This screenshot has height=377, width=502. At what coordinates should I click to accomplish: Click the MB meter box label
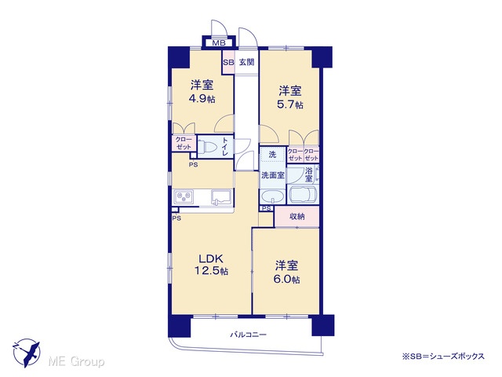(x=219, y=43)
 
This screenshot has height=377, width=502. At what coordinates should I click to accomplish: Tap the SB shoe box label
(x=228, y=62)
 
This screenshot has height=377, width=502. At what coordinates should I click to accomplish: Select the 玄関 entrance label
(x=247, y=62)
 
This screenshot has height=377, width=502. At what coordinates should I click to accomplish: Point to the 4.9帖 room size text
(x=202, y=99)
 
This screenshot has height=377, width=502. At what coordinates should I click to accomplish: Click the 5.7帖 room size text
(x=289, y=104)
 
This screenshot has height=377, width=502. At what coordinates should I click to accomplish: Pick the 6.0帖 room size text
(x=286, y=280)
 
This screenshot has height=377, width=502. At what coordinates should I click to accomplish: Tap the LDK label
(x=211, y=258)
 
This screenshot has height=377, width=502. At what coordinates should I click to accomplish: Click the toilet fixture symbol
(x=207, y=148)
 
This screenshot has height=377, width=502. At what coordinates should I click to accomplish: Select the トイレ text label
(x=225, y=147)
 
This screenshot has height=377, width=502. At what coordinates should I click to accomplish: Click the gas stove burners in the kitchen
(x=183, y=196)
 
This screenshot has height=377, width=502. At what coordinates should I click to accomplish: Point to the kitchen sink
(x=221, y=197)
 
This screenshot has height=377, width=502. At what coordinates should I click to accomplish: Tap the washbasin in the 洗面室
(x=272, y=196)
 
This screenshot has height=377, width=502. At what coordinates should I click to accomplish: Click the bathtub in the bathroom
(x=303, y=195)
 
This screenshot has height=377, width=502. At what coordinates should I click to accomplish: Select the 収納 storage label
(x=296, y=217)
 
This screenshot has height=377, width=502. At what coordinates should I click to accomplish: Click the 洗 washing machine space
(x=272, y=155)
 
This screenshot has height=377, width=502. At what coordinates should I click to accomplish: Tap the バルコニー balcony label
(x=248, y=335)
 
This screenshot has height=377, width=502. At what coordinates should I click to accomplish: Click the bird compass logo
(x=27, y=353)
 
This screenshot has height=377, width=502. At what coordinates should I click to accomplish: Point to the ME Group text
(x=76, y=361)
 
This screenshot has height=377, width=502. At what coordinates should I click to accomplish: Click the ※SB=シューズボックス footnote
(x=443, y=356)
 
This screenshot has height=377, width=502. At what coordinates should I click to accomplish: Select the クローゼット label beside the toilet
(x=184, y=143)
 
